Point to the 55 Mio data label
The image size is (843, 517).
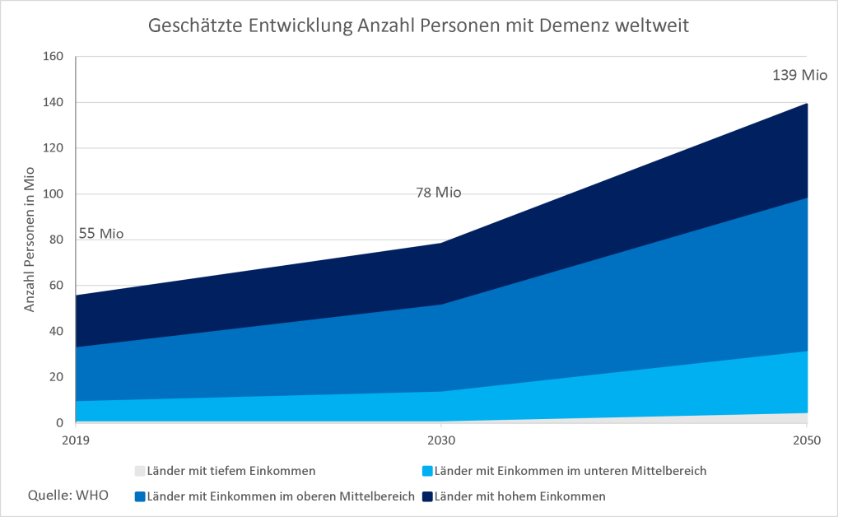coord(100,234)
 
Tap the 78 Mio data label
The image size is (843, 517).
coord(437,193)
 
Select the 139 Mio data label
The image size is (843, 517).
coord(799,75)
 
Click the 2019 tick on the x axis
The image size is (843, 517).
coord(75,440)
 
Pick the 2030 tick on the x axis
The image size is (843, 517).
coord(441,440)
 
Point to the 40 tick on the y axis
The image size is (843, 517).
coord(56,332)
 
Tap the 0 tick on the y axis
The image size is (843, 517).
coord(59,423)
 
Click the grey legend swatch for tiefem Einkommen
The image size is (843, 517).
coord(140,472)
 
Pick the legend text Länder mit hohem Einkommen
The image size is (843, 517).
coord(520,496)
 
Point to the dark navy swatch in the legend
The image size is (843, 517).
coord(427,496)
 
